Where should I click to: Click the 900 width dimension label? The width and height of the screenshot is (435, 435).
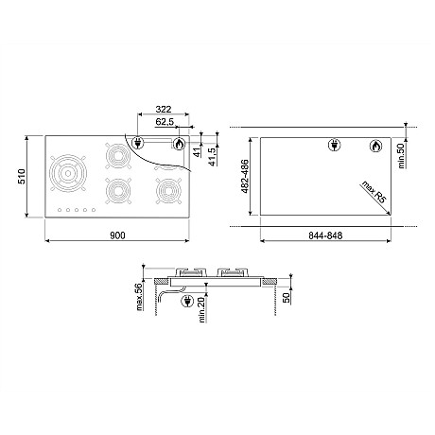coord(117,235)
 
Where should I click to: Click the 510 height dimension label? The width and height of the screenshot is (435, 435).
coord(22,177)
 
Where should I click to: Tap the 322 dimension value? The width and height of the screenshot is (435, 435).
coord(164,110)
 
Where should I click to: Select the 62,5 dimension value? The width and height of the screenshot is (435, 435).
coord(165,122)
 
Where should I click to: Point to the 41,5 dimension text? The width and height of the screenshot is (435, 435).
coord(213,156)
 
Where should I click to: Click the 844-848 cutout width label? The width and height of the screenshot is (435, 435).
coord(325,235)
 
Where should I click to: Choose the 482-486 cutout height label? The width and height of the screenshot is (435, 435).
coord(245,177)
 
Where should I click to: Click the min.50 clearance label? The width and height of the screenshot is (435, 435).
coord(401,156)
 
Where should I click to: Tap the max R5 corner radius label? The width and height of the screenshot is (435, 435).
coord(374,192)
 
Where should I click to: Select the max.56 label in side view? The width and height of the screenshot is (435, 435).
coord(139,297)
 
